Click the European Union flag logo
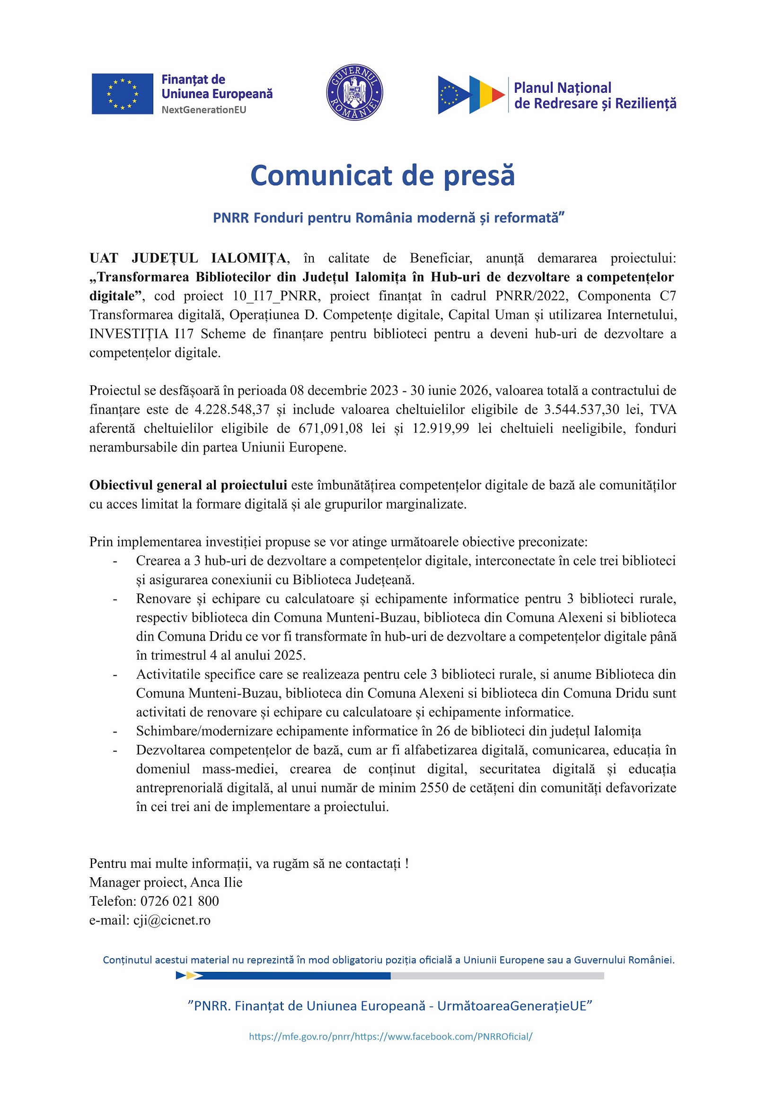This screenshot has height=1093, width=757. point(123,94)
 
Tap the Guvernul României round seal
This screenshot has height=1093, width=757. point(354,93)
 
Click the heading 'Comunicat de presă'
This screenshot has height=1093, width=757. point(382,176)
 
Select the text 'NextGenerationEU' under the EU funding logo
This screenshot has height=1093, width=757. point(203,110)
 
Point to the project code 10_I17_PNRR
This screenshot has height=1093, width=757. point(274,296)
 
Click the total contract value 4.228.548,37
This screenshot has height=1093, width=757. point(232,409)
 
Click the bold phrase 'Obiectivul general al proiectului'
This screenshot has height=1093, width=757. point(188,485)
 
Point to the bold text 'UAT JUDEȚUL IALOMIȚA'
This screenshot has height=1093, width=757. point(188,258)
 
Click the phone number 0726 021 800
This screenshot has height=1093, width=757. point(179,901)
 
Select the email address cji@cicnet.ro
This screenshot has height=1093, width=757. point(172,920)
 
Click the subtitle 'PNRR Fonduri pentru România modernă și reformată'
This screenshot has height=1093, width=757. point(388,218)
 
